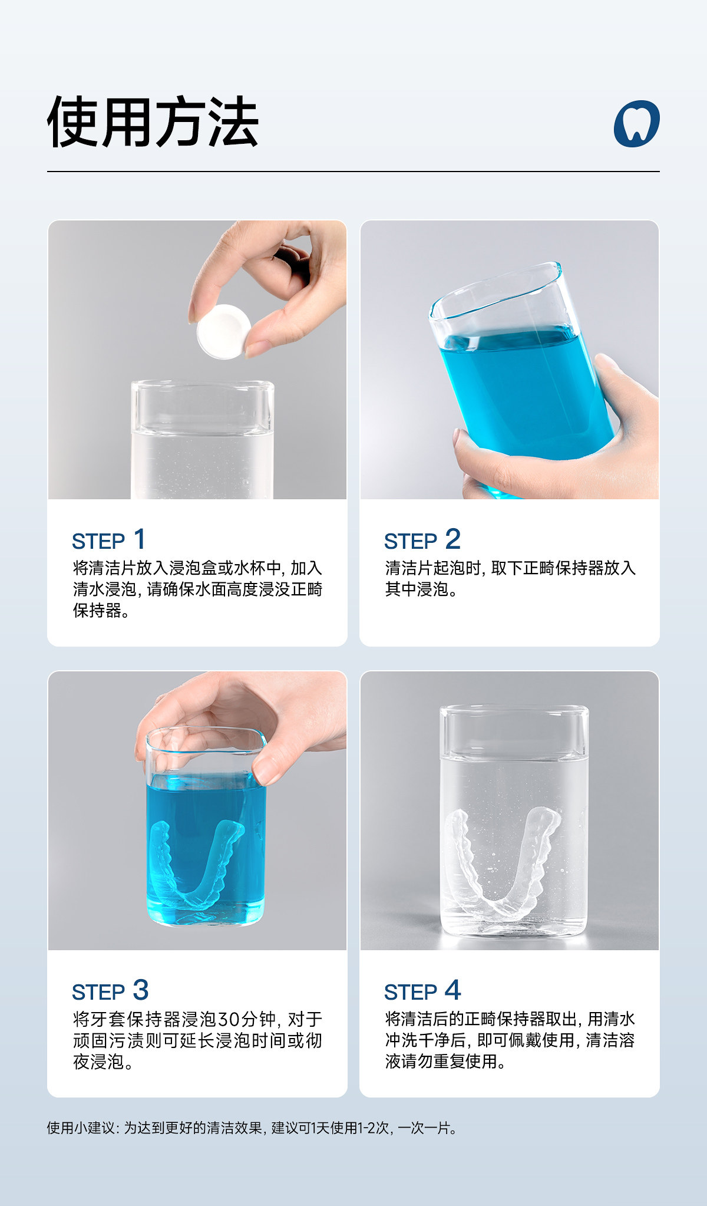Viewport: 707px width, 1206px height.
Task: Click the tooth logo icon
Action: [636, 123]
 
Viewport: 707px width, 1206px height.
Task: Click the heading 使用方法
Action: [153, 122]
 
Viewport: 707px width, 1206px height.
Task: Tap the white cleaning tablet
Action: [223, 331]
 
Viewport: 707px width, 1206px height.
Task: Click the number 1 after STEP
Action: [140, 539]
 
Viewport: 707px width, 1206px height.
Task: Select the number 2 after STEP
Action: [452, 539]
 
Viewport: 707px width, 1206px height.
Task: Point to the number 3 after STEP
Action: [140, 990]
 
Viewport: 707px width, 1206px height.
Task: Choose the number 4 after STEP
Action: [452, 990]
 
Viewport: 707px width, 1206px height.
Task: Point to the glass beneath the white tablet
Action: [202, 439]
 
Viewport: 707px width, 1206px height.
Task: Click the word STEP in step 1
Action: [98, 541]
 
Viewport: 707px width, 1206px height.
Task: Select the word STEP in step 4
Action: [411, 992]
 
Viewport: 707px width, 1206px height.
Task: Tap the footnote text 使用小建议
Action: [81, 1128]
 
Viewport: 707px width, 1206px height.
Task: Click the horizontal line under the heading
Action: [353, 172]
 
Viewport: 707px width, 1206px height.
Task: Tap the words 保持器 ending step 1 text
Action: [97, 610]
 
